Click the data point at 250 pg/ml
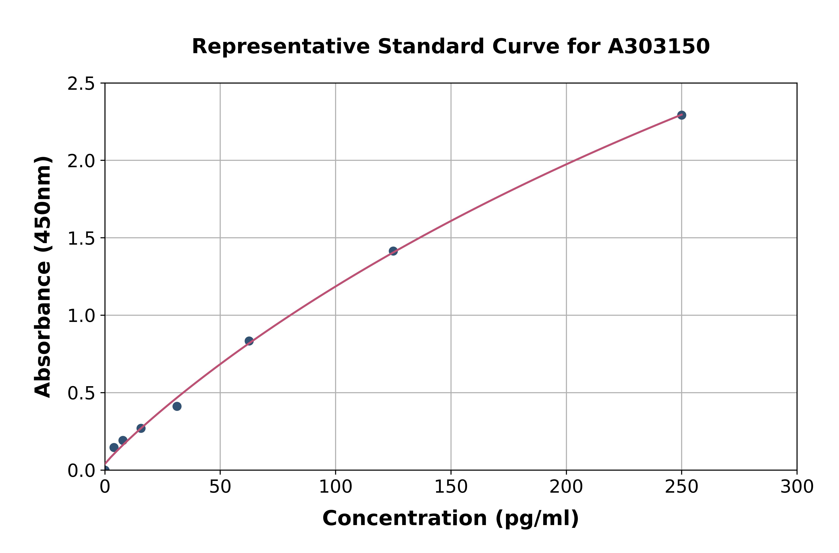[681, 115]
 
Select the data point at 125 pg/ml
[393, 251]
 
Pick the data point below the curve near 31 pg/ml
[177, 406]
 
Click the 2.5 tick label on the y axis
[81, 84]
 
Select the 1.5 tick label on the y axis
[81, 239]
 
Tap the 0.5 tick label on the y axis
[81, 394]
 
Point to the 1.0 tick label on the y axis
[81, 316]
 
